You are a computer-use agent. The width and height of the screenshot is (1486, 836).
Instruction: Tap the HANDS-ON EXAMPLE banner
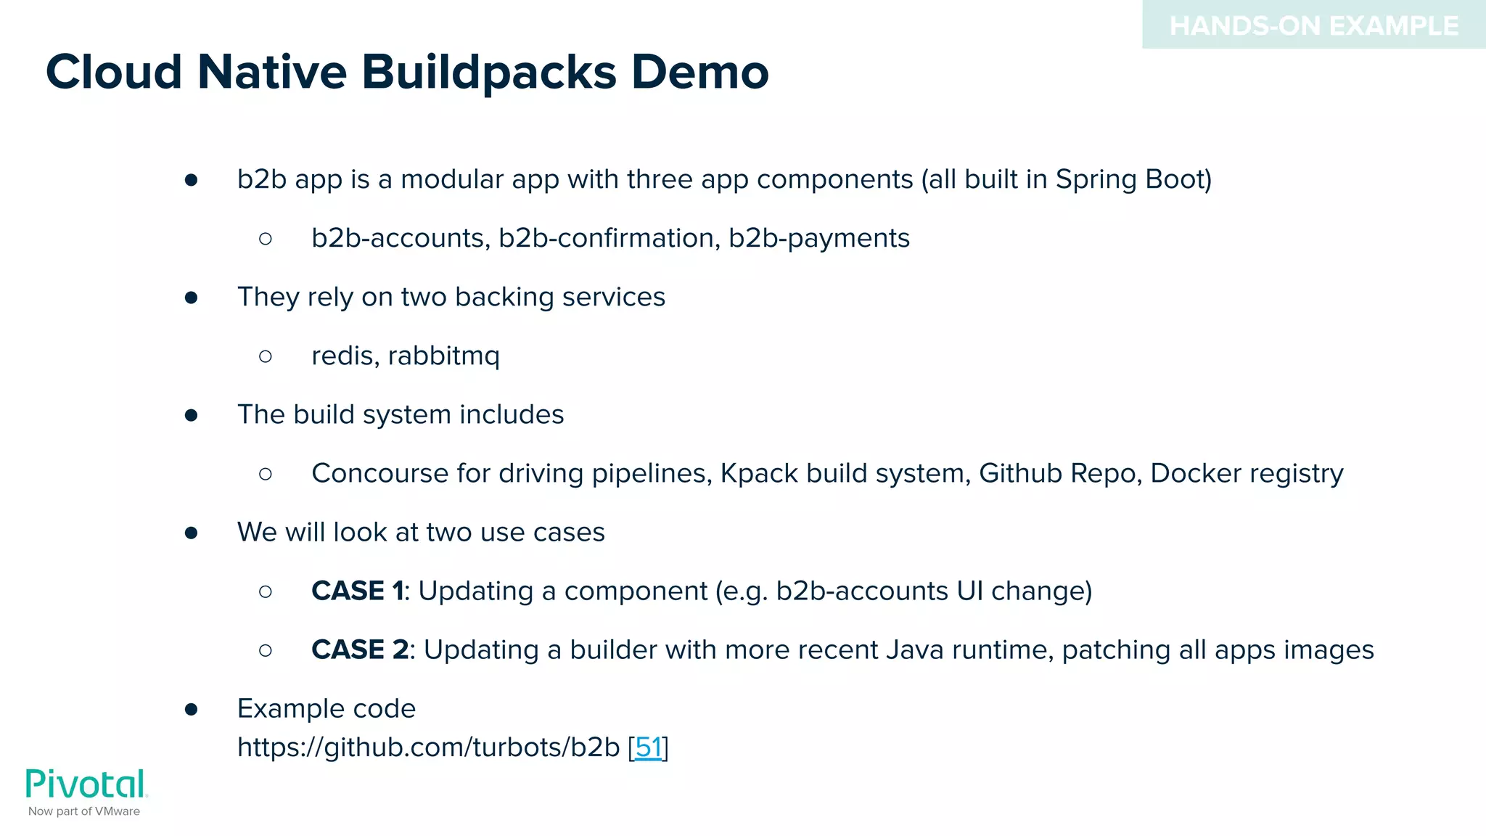point(1313,26)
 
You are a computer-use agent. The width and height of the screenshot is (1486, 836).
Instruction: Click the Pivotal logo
point(86,784)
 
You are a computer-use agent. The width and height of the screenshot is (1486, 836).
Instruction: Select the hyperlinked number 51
point(649,747)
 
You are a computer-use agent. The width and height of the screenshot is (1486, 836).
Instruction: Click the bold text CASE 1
point(357,591)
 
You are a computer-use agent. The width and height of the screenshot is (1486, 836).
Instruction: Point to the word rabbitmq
point(443,356)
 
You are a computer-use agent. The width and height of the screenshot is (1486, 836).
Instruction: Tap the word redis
point(344,356)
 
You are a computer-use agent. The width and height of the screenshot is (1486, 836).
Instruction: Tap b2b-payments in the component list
point(818,238)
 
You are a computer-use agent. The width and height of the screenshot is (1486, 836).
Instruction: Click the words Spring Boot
point(1133,179)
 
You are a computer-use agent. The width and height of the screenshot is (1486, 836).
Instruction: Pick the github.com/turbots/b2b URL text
point(428,747)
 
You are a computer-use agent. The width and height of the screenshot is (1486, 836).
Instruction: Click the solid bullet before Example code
point(192,709)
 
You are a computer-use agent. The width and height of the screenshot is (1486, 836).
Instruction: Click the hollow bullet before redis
point(266,356)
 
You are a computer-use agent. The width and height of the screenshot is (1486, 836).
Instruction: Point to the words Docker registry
point(1247,473)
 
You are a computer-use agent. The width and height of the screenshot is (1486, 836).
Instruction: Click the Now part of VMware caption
point(84,811)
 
